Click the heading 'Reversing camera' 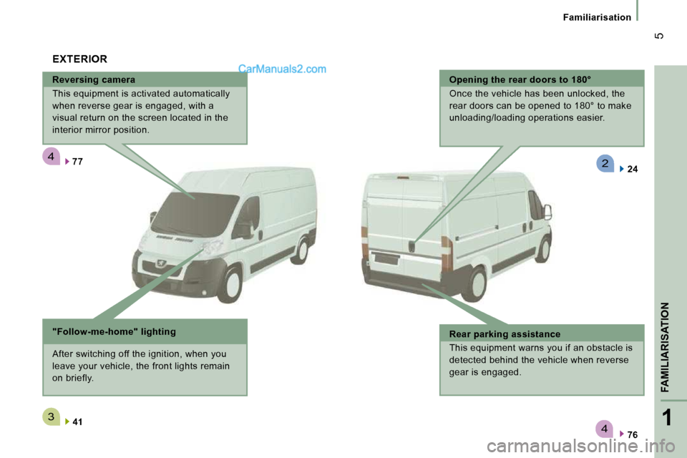(x=93, y=79)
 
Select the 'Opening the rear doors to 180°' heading (x=520, y=79)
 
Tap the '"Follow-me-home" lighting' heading (x=114, y=332)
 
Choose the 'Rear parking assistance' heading (x=505, y=334)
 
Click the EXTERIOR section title (x=79, y=59)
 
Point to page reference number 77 (x=77, y=162)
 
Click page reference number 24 (x=632, y=169)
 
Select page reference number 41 (x=77, y=422)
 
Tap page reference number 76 (x=632, y=435)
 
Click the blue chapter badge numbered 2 (x=605, y=163)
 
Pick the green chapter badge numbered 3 (x=51, y=416)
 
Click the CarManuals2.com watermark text (x=282, y=69)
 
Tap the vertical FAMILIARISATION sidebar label (x=665, y=347)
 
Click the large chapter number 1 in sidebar (x=666, y=418)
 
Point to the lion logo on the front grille (x=161, y=264)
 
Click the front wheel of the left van (x=230, y=284)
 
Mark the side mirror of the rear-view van (x=547, y=212)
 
